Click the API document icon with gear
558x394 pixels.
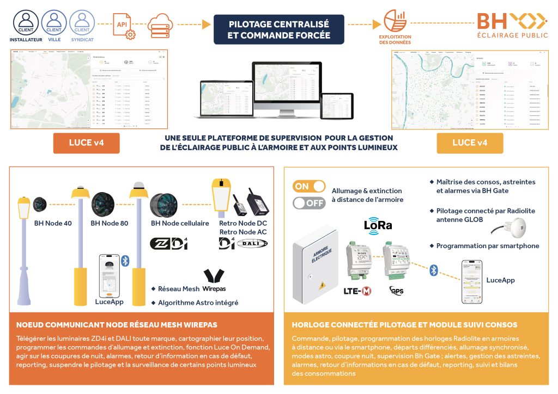122,24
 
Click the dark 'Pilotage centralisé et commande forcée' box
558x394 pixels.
279,29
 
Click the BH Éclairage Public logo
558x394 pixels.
512,26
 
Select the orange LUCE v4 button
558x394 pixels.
86,143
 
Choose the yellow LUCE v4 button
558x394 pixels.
470,143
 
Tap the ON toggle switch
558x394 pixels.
309,186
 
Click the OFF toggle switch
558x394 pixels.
309,204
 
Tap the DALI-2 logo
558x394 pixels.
252,243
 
